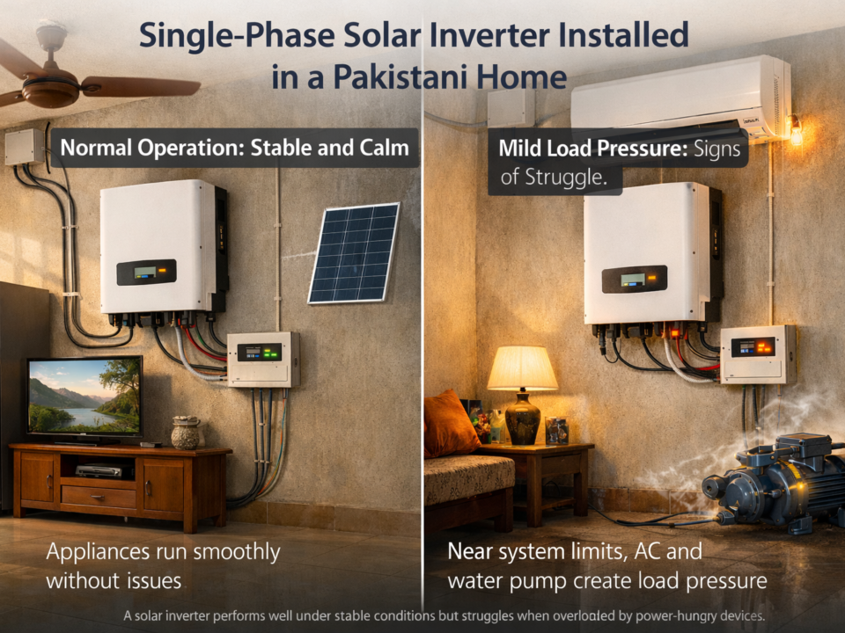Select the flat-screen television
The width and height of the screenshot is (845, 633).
[x=84, y=397]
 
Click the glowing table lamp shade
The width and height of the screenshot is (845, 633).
[x=522, y=368]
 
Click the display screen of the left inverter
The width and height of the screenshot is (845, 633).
[x=145, y=273]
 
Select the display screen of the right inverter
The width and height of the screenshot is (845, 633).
[x=633, y=280]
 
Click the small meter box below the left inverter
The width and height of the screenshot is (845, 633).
[x=262, y=359]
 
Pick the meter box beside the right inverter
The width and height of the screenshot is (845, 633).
[x=758, y=353]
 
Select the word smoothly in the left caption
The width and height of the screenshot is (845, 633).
[x=224, y=552]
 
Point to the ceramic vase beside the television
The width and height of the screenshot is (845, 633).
[x=185, y=433]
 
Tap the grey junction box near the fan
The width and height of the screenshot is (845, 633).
[x=24, y=147]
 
